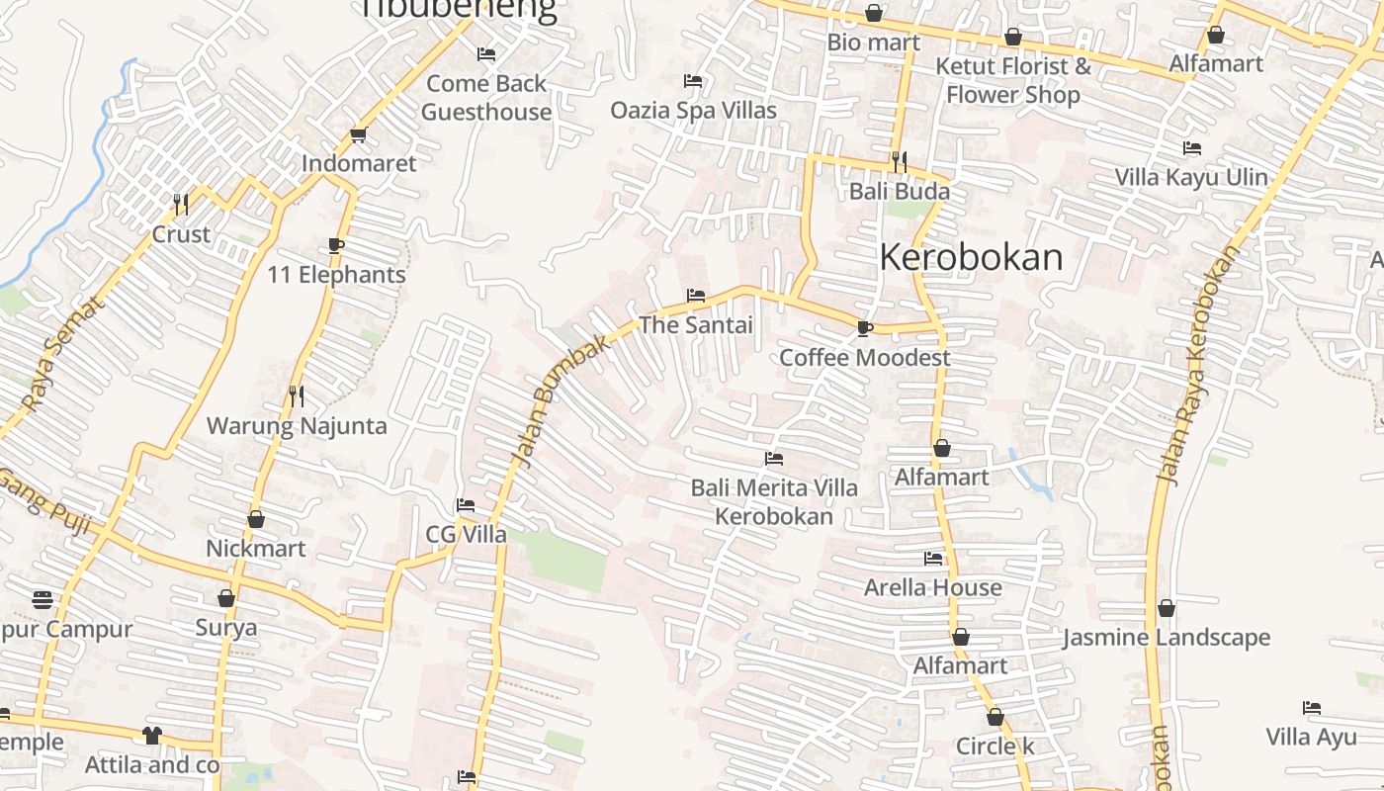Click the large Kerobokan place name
(x=971, y=257)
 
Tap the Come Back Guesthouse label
(x=486, y=98)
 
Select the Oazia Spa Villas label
(x=693, y=110)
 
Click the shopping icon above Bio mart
(x=874, y=14)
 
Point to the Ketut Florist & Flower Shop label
(x=1013, y=81)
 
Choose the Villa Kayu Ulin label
(x=1190, y=177)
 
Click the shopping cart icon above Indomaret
(x=358, y=135)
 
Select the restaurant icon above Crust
(x=181, y=205)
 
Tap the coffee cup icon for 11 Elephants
(x=336, y=245)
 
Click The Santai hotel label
(x=696, y=324)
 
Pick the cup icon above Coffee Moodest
(x=865, y=328)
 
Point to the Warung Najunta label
(x=297, y=426)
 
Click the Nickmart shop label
(x=255, y=548)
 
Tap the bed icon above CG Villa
(x=466, y=505)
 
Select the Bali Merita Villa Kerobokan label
(x=774, y=502)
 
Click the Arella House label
(x=932, y=587)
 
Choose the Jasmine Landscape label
(x=1167, y=638)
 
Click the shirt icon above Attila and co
(x=151, y=736)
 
